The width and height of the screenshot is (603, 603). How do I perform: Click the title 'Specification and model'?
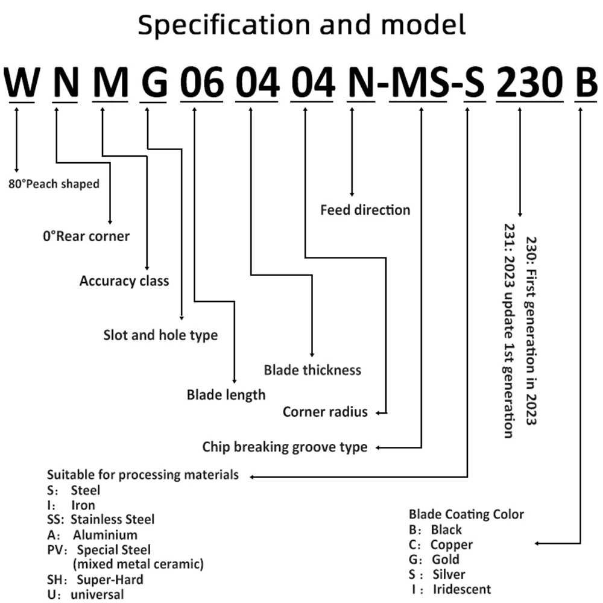(301, 25)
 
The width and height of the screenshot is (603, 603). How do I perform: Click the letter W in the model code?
(22, 82)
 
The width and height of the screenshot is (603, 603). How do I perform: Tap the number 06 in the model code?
(202, 81)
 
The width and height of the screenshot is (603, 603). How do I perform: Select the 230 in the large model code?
(529, 81)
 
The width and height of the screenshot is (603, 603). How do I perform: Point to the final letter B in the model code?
(587, 82)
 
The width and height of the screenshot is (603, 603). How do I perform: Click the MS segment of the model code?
(420, 82)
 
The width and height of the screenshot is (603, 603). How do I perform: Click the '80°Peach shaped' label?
(54, 184)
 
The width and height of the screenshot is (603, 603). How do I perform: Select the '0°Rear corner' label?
(86, 236)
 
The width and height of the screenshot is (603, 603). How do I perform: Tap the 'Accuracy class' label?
(124, 281)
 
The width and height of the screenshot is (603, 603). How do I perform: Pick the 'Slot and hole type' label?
(160, 335)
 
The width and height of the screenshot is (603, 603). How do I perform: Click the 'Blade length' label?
(226, 395)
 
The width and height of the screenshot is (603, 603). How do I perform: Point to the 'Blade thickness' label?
(312, 370)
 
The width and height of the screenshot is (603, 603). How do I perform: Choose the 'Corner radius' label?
(326, 412)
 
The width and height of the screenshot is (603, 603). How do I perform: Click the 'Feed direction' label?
(365, 210)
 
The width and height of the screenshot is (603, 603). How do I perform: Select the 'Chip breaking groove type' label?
(285, 447)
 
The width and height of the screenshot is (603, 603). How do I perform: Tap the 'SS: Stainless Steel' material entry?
(101, 519)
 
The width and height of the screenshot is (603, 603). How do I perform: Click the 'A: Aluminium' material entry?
(92, 534)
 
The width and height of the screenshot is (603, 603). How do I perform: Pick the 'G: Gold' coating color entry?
(434, 559)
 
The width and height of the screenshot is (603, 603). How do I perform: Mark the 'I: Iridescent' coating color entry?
(451, 589)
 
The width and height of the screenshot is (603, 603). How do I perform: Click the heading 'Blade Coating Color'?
(467, 514)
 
